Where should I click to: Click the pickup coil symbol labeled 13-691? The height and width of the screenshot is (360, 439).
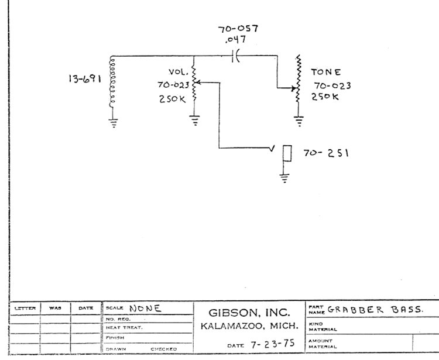(110, 82)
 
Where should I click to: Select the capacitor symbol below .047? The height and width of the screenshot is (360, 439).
(236, 57)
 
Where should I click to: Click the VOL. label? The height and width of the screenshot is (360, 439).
(177, 72)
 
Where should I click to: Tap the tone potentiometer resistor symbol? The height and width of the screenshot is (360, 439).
(299, 82)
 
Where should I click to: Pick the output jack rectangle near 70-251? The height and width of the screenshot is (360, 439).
(287, 153)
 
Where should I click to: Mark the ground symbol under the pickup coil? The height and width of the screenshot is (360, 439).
(114, 123)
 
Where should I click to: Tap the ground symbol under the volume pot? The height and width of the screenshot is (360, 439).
(195, 121)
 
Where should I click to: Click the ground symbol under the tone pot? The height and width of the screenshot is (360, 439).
(299, 122)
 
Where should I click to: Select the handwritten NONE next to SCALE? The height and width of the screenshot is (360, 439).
(145, 308)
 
